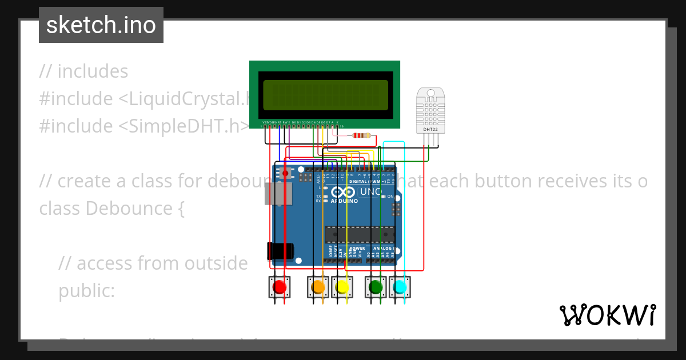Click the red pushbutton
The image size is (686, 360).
click(280, 287)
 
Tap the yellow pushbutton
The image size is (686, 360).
click(342, 287)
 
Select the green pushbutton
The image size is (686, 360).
click(376, 287)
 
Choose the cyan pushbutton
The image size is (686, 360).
click(400, 287)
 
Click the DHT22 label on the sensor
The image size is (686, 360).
click(430, 130)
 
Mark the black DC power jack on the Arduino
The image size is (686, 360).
click(280, 251)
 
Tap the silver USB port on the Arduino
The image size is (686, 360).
click(278, 194)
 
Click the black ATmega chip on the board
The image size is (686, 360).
click(360, 234)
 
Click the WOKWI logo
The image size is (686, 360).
click(607, 315)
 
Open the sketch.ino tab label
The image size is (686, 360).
click(101, 25)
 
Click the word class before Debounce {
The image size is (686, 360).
click(59, 209)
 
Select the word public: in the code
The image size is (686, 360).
click(86, 291)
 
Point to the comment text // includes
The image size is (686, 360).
click(83, 71)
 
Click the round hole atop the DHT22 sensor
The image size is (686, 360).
click(430, 93)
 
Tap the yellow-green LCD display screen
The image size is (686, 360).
click(325, 95)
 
